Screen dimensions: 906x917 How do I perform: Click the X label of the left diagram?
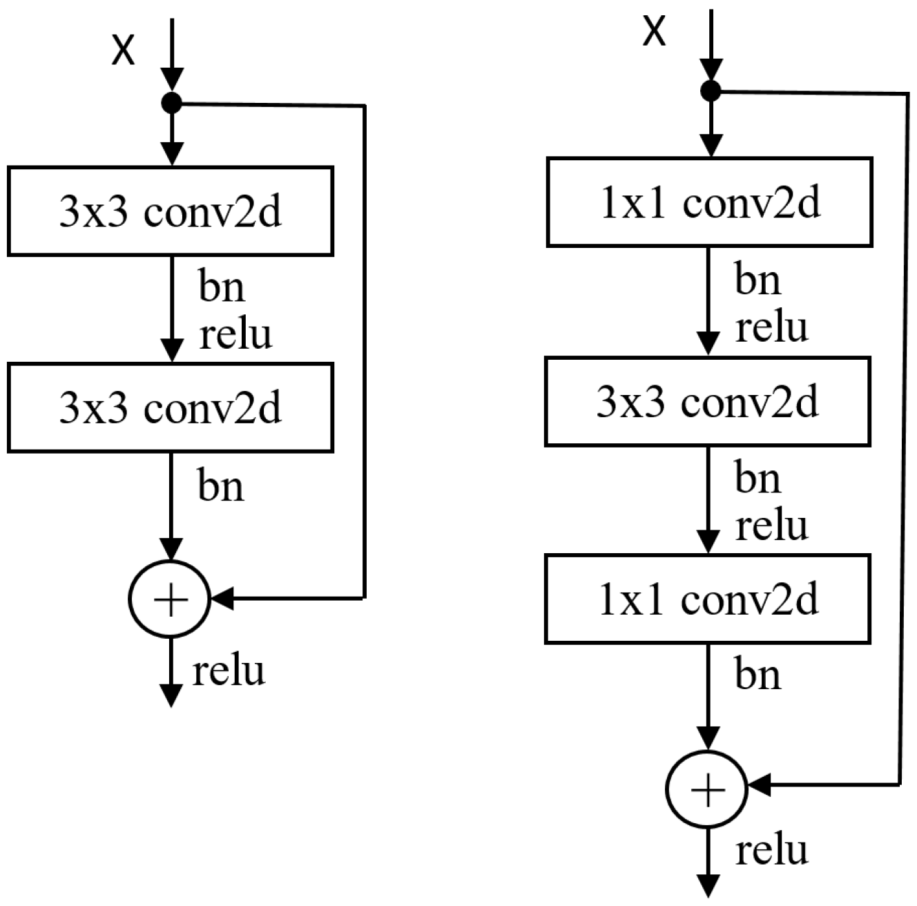pos(124,50)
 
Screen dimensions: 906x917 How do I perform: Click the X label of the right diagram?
pos(655,31)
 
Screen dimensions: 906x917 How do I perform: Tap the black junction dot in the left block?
pos(171,104)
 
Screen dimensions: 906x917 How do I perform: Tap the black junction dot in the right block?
pos(710,90)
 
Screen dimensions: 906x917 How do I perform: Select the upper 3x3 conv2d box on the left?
pos(171,211)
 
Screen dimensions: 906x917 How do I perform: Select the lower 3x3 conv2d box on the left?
pos(171,407)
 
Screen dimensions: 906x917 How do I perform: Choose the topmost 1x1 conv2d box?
pos(709,202)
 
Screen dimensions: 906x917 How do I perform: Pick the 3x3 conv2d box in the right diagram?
pos(708,401)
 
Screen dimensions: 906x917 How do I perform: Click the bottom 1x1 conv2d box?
pos(708,599)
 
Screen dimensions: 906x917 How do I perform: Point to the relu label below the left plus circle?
pos(229,671)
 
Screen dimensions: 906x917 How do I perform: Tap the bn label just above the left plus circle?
pos(221,485)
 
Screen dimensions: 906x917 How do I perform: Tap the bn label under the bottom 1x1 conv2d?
pos(757,674)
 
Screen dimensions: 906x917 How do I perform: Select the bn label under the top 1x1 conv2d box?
pos(757,280)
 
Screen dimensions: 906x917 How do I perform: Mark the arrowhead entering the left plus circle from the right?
pos(223,599)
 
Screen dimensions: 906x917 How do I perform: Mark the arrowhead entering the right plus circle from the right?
pos(760,785)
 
